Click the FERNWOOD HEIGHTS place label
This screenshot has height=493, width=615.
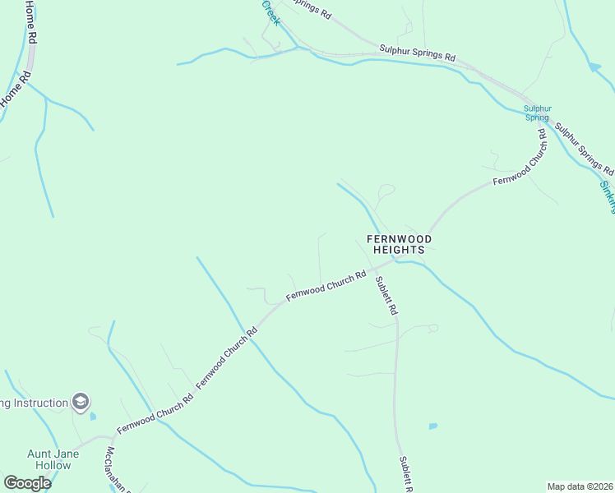click(399, 244)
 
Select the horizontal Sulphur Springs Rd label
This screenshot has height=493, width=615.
click(417, 54)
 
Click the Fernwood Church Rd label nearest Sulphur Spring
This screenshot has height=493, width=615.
click(520, 158)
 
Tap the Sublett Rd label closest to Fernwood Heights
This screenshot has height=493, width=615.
click(386, 296)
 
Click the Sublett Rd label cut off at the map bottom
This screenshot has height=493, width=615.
click(405, 474)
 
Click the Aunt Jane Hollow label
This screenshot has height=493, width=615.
click(49, 459)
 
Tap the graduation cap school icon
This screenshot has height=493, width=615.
click(81, 402)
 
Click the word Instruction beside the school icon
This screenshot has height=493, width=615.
click(36, 403)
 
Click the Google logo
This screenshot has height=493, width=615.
click(27, 483)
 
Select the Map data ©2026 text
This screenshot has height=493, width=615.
click(580, 486)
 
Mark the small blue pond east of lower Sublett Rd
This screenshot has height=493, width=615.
click(432, 426)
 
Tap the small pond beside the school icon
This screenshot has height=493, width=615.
click(93, 417)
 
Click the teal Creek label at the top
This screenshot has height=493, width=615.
click(271, 12)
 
